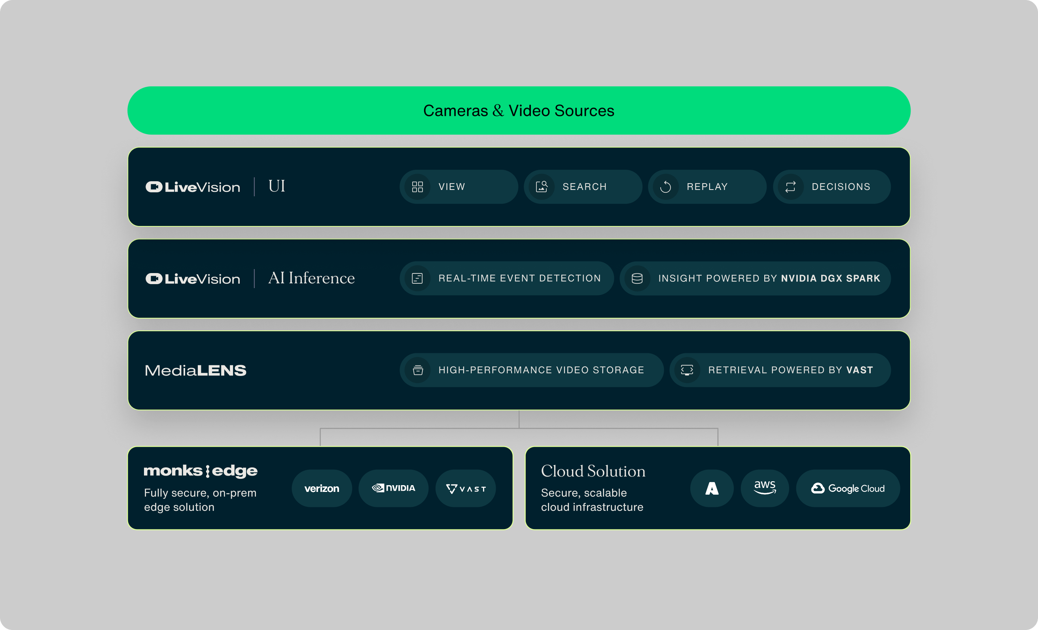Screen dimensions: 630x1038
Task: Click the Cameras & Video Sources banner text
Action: [x=519, y=111]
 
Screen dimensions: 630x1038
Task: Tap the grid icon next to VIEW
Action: [x=417, y=187]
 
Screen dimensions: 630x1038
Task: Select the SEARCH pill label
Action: [x=584, y=187]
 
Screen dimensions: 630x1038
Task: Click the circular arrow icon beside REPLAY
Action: [x=665, y=187]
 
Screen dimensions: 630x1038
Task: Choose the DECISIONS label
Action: [x=841, y=187]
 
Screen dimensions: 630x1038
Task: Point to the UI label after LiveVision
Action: [x=277, y=186]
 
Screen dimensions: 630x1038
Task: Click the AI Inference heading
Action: [x=311, y=278]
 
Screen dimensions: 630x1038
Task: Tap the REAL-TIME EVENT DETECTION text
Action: [x=519, y=278]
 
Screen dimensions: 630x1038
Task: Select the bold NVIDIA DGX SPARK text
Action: [x=830, y=278]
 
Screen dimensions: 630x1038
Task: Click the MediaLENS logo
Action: [x=195, y=370]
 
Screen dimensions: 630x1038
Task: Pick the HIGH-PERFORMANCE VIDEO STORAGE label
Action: [x=541, y=370]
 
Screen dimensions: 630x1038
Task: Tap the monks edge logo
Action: [x=201, y=471]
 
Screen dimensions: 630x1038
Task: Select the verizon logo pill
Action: [x=322, y=488]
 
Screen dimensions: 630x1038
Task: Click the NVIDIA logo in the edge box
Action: [x=394, y=488]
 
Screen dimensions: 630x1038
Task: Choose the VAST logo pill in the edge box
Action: [x=466, y=488]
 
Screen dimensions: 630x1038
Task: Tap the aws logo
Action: [x=765, y=488]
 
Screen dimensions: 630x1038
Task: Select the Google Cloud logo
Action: [x=848, y=488]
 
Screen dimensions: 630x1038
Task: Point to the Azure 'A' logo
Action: [x=712, y=488]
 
